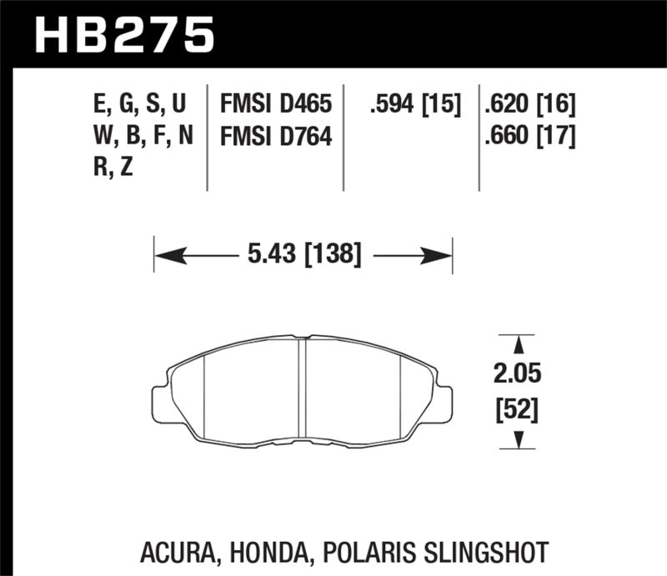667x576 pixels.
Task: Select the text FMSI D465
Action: (275, 105)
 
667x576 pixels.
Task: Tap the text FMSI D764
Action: (275, 135)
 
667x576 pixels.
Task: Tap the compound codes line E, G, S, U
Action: (138, 105)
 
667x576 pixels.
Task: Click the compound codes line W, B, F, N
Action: (138, 135)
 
